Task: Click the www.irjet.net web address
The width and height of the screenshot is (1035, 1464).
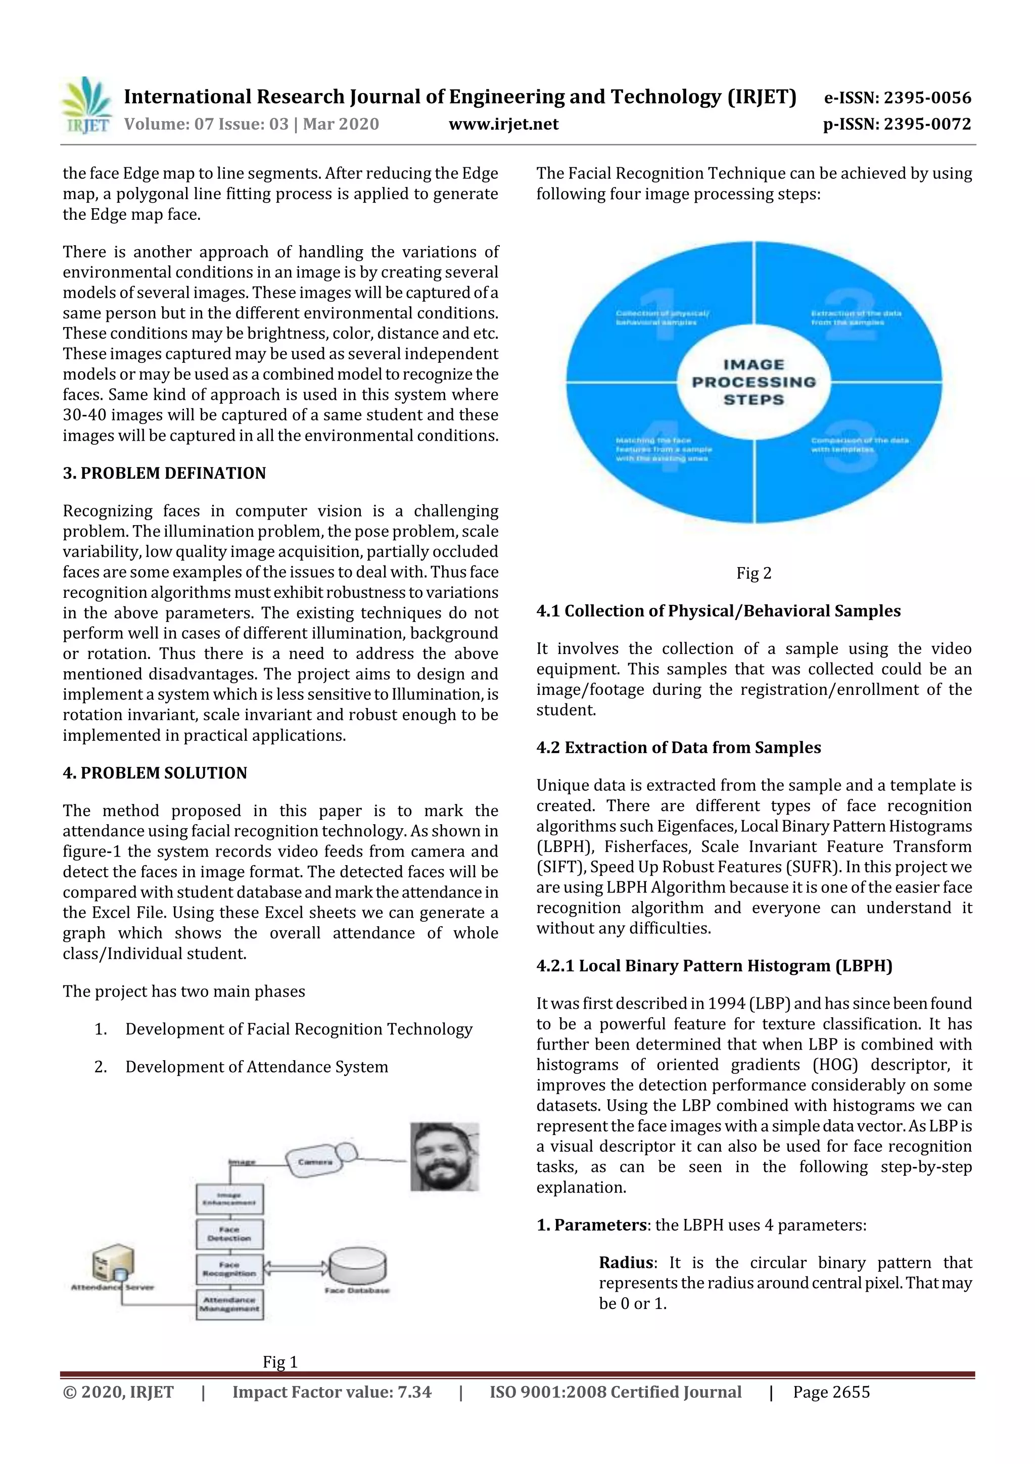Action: tap(503, 124)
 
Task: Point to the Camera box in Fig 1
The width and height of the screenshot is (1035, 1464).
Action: tap(315, 1162)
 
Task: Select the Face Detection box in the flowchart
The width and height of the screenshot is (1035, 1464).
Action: tap(229, 1234)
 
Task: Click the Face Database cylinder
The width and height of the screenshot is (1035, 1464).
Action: tap(357, 1266)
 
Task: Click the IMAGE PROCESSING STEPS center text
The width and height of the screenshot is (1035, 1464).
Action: tap(753, 382)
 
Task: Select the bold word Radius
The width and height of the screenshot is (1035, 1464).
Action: tap(626, 1262)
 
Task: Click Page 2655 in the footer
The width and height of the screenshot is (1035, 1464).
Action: tap(831, 1392)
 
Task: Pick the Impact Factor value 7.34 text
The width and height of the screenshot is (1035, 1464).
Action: tap(331, 1392)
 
